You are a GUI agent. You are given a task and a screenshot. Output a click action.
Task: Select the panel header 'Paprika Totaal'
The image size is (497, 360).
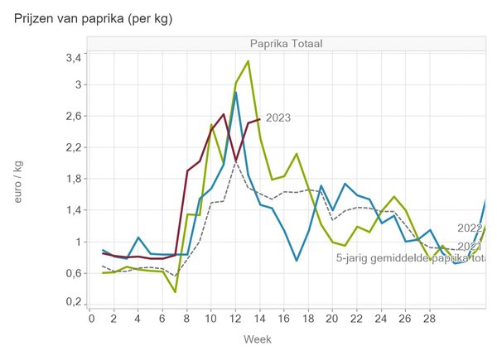(287, 43)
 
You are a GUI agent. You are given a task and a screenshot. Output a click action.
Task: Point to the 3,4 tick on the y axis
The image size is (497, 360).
(74, 57)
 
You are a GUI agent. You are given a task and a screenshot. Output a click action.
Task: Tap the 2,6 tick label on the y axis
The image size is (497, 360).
(74, 116)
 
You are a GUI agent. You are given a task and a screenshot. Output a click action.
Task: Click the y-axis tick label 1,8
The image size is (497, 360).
(74, 179)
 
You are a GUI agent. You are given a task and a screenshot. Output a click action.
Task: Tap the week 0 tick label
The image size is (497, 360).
(91, 319)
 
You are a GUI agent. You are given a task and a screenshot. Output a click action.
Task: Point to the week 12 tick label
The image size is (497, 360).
(235, 319)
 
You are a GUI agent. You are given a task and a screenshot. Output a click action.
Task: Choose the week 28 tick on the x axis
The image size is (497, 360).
(429, 319)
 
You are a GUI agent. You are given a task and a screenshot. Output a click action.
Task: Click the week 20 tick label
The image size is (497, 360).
(332, 319)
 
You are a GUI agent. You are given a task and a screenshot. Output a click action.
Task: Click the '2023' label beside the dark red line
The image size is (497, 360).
(277, 118)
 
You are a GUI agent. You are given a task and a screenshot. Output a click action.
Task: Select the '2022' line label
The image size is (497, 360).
(470, 228)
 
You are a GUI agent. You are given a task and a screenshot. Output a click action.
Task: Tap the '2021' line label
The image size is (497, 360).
(470, 246)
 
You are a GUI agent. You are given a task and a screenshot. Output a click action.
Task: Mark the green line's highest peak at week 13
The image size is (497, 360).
(248, 61)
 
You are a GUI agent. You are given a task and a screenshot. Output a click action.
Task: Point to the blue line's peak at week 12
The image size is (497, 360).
(236, 93)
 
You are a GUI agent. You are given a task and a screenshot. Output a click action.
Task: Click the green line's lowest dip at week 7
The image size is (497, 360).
(176, 291)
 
